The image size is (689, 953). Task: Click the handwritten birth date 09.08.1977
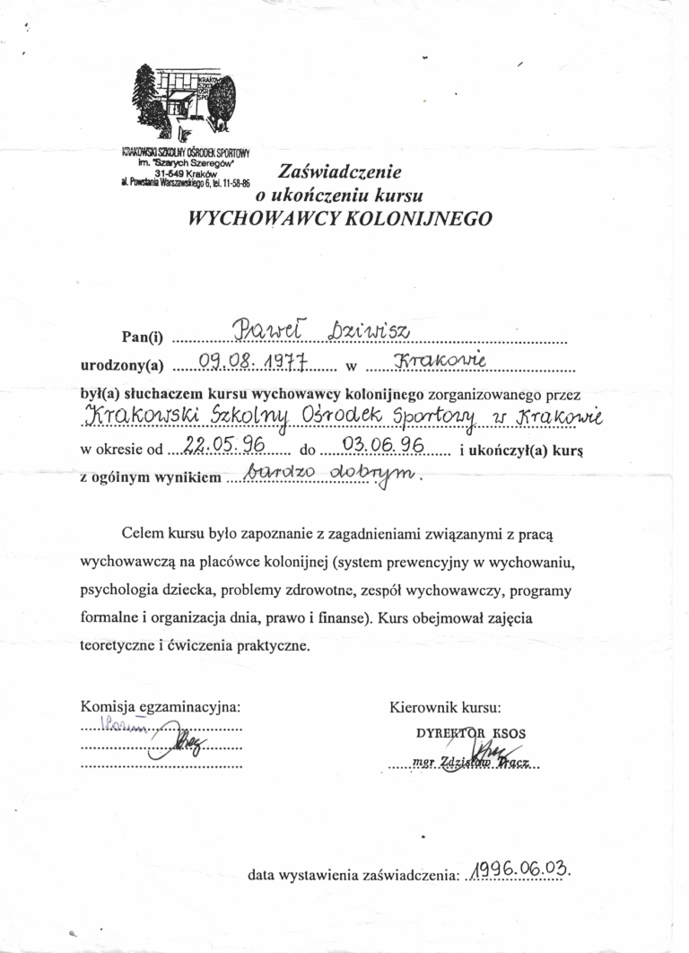click(253, 362)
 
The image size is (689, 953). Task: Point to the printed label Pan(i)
click(144, 337)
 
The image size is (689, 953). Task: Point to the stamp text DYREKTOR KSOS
click(471, 732)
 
